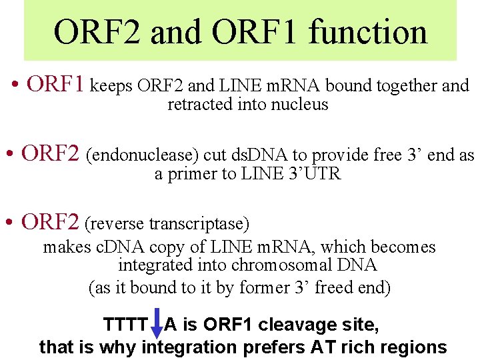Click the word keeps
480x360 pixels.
click(113, 86)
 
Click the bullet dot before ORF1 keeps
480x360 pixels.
click(15, 86)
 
